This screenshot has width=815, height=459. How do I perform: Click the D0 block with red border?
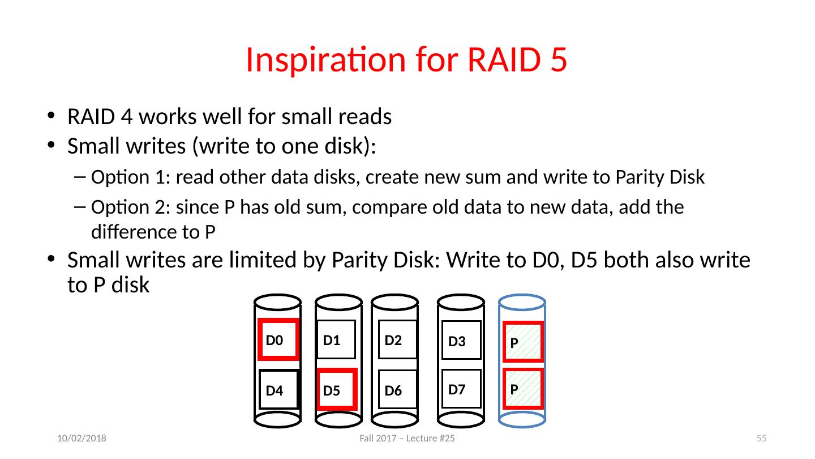point(277,340)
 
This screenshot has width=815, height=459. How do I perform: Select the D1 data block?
point(336,340)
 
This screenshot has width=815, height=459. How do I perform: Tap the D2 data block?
point(397,340)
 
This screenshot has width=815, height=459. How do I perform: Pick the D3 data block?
point(461,341)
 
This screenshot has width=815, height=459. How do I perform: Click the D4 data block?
point(278,389)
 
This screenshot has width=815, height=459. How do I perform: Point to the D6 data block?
point(397,390)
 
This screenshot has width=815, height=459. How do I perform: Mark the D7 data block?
point(461,389)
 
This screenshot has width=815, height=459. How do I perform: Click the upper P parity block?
point(523,342)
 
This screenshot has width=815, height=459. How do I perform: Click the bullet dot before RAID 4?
point(52,117)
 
